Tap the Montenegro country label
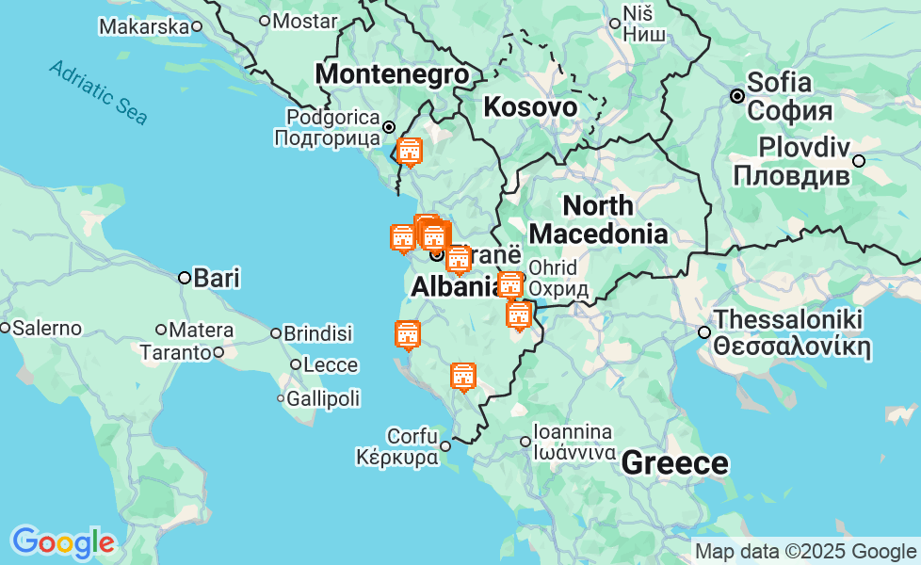392,74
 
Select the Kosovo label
530,107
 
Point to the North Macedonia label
598,219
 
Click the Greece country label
674,463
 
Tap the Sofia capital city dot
737,96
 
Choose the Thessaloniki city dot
703,332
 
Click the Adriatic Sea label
98,92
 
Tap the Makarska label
144,26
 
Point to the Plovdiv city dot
859,161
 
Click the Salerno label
47,329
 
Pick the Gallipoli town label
323,398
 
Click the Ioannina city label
573,433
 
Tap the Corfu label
412,437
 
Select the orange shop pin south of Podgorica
409,151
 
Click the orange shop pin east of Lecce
408,334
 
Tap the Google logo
62,542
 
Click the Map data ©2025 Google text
805,552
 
